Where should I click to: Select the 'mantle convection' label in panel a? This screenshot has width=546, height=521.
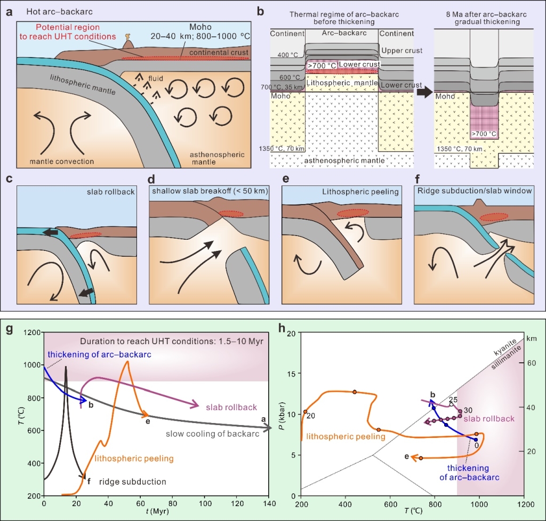tap(62, 161)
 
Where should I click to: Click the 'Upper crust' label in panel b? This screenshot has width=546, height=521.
tap(402, 51)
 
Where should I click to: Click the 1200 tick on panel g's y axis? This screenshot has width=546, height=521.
tap(33, 332)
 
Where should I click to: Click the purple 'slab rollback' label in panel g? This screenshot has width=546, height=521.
tap(231, 408)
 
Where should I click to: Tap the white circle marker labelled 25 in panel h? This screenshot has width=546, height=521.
tap(451, 405)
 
